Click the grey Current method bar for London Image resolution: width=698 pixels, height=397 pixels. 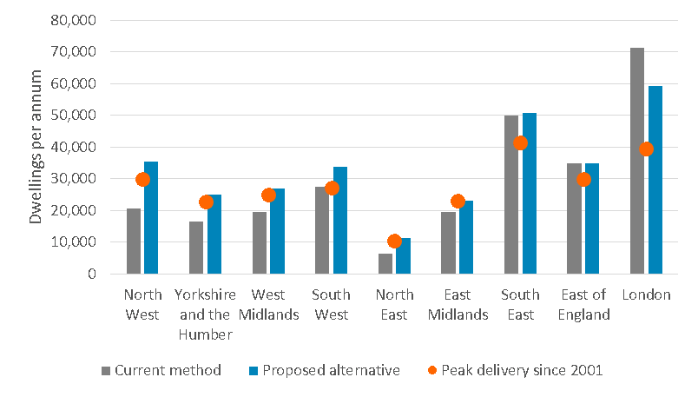coord(637,161)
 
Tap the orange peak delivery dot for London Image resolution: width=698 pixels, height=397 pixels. coord(646,149)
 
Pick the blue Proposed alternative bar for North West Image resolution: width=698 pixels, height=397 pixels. coord(151,218)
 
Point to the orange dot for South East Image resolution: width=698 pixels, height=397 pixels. coord(520,143)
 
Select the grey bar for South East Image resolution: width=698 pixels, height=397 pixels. coord(511,195)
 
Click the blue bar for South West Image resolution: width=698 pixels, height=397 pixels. coord(340,221)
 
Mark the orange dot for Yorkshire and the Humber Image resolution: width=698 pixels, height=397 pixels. coord(206,202)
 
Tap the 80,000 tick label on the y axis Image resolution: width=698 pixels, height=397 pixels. coord(75,20)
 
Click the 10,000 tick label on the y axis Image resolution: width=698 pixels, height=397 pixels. coord(75,242)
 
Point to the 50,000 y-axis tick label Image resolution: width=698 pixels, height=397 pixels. coord(75,116)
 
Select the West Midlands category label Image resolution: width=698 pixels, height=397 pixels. coord(268,304)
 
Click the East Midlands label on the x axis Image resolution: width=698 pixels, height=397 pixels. coord(458,304)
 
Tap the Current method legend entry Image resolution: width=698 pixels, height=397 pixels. coord(161,370)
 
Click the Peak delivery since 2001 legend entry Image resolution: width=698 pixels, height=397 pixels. coord(514,370)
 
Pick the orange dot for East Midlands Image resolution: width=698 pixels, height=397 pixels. coord(458,202)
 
